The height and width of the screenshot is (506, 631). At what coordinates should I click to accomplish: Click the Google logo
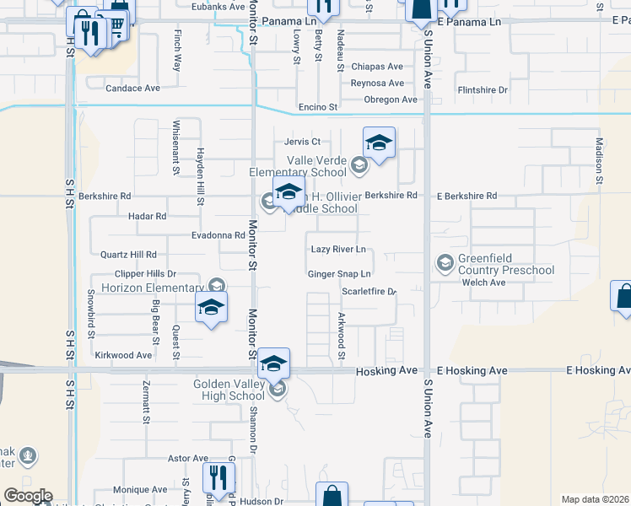(x=28, y=496)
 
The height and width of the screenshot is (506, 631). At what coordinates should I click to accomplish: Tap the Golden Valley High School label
(x=229, y=390)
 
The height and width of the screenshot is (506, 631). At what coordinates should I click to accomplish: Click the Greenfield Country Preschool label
(x=506, y=264)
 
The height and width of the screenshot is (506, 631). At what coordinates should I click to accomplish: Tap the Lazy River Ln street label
(x=338, y=250)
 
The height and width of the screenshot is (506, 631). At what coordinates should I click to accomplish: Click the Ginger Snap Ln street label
(x=339, y=274)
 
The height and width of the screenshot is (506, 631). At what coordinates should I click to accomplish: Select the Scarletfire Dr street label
(x=369, y=292)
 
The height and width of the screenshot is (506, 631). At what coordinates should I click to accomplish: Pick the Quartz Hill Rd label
(x=129, y=255)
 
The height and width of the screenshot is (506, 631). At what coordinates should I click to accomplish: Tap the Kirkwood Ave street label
(x=123, y=356)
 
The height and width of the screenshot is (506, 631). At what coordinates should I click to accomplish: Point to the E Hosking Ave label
(x=472, y=371)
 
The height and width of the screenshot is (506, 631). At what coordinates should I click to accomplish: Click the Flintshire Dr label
(x=482, y=90)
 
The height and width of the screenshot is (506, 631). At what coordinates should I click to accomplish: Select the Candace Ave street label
(x=132, y=88)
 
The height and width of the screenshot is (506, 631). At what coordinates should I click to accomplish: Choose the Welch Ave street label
(x=483, y=283)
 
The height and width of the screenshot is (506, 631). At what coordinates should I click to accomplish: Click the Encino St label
(x=317, y=108)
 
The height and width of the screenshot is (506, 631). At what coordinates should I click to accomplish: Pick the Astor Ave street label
(x=188, y=459)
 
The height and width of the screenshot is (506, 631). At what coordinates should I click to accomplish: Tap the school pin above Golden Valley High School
(x=273, y=363)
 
